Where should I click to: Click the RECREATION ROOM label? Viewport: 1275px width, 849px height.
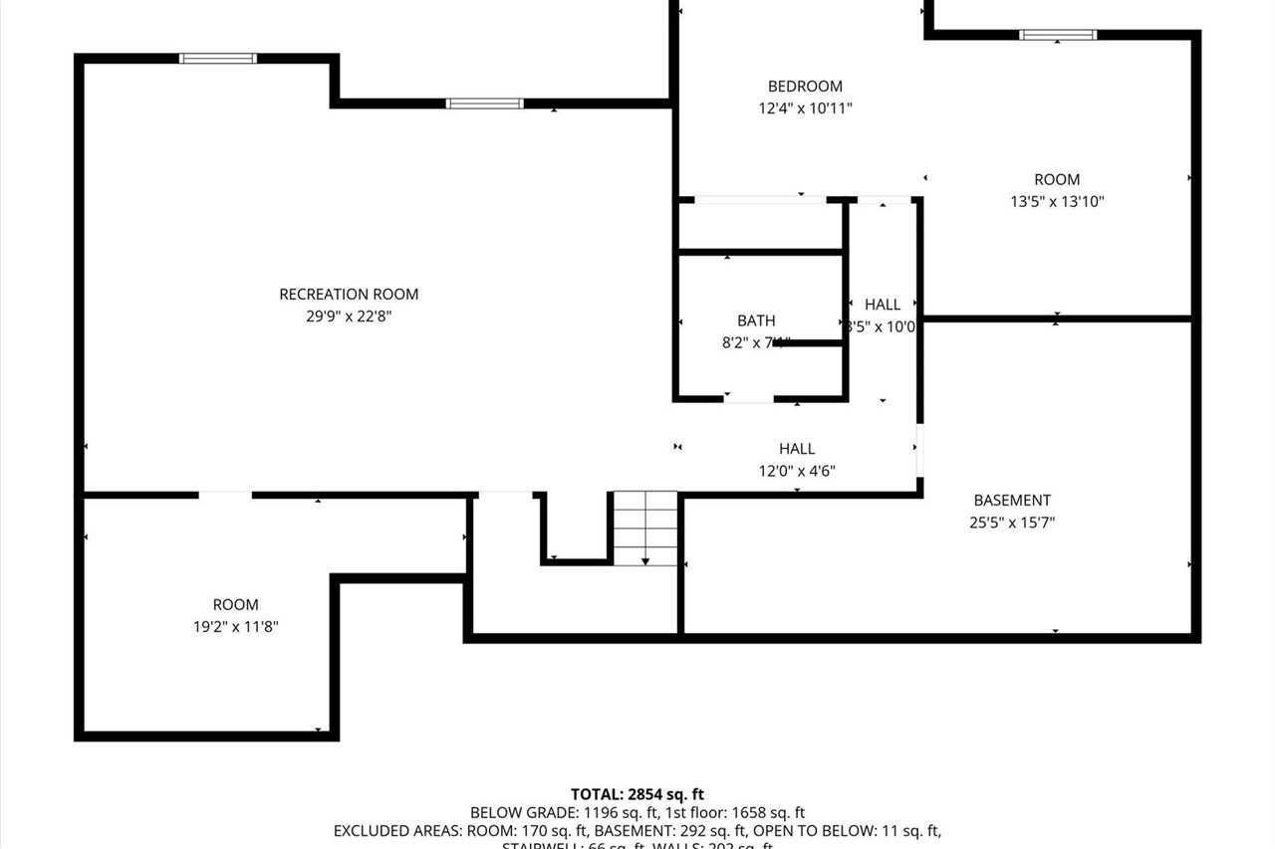[x=349, y=294]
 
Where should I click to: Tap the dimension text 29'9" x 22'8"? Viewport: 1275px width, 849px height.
[x=349, y=317]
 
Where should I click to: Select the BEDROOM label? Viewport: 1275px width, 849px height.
[x=805, y=87]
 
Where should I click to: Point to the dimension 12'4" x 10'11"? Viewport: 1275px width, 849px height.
[x=805, y=108]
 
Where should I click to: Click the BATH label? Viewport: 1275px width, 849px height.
[x=756, y=320]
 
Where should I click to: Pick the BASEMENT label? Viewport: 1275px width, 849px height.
[x=1012, y=501]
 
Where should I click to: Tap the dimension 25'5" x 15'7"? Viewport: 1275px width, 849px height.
[x=1012, y=523]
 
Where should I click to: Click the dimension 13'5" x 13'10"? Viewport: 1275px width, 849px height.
[x=1057, y=202]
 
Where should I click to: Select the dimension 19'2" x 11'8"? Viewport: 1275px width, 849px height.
[x=236, y=627]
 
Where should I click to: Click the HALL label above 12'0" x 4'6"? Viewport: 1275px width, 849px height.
[x=797, y=449]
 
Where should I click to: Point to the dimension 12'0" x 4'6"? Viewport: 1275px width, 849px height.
[x=797, y=471]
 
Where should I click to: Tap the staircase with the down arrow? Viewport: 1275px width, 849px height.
[x=645, y=529]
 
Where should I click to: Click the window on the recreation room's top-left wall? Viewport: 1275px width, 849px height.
[x=218, y=59]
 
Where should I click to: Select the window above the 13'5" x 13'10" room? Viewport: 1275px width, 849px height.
[x=1058, y=35]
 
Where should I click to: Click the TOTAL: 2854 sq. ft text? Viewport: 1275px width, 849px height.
[x=637, y=794]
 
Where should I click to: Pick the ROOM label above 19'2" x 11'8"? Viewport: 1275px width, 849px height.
[x=236, y=604]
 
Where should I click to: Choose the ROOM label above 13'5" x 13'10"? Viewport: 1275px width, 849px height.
[x=1057, y=179]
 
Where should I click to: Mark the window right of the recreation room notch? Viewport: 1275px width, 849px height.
[x=485, y=104]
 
